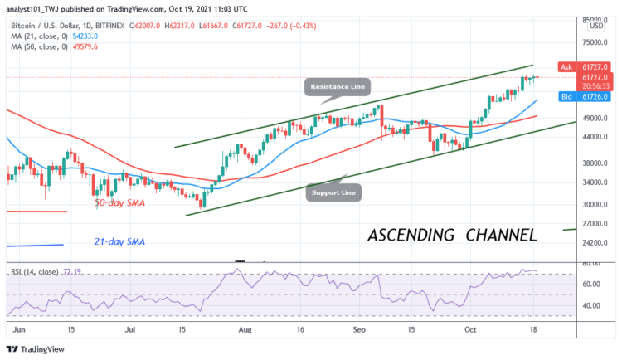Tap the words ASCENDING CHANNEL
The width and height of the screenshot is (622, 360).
point(451,235)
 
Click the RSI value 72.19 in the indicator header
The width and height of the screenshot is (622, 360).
point(75,270)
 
